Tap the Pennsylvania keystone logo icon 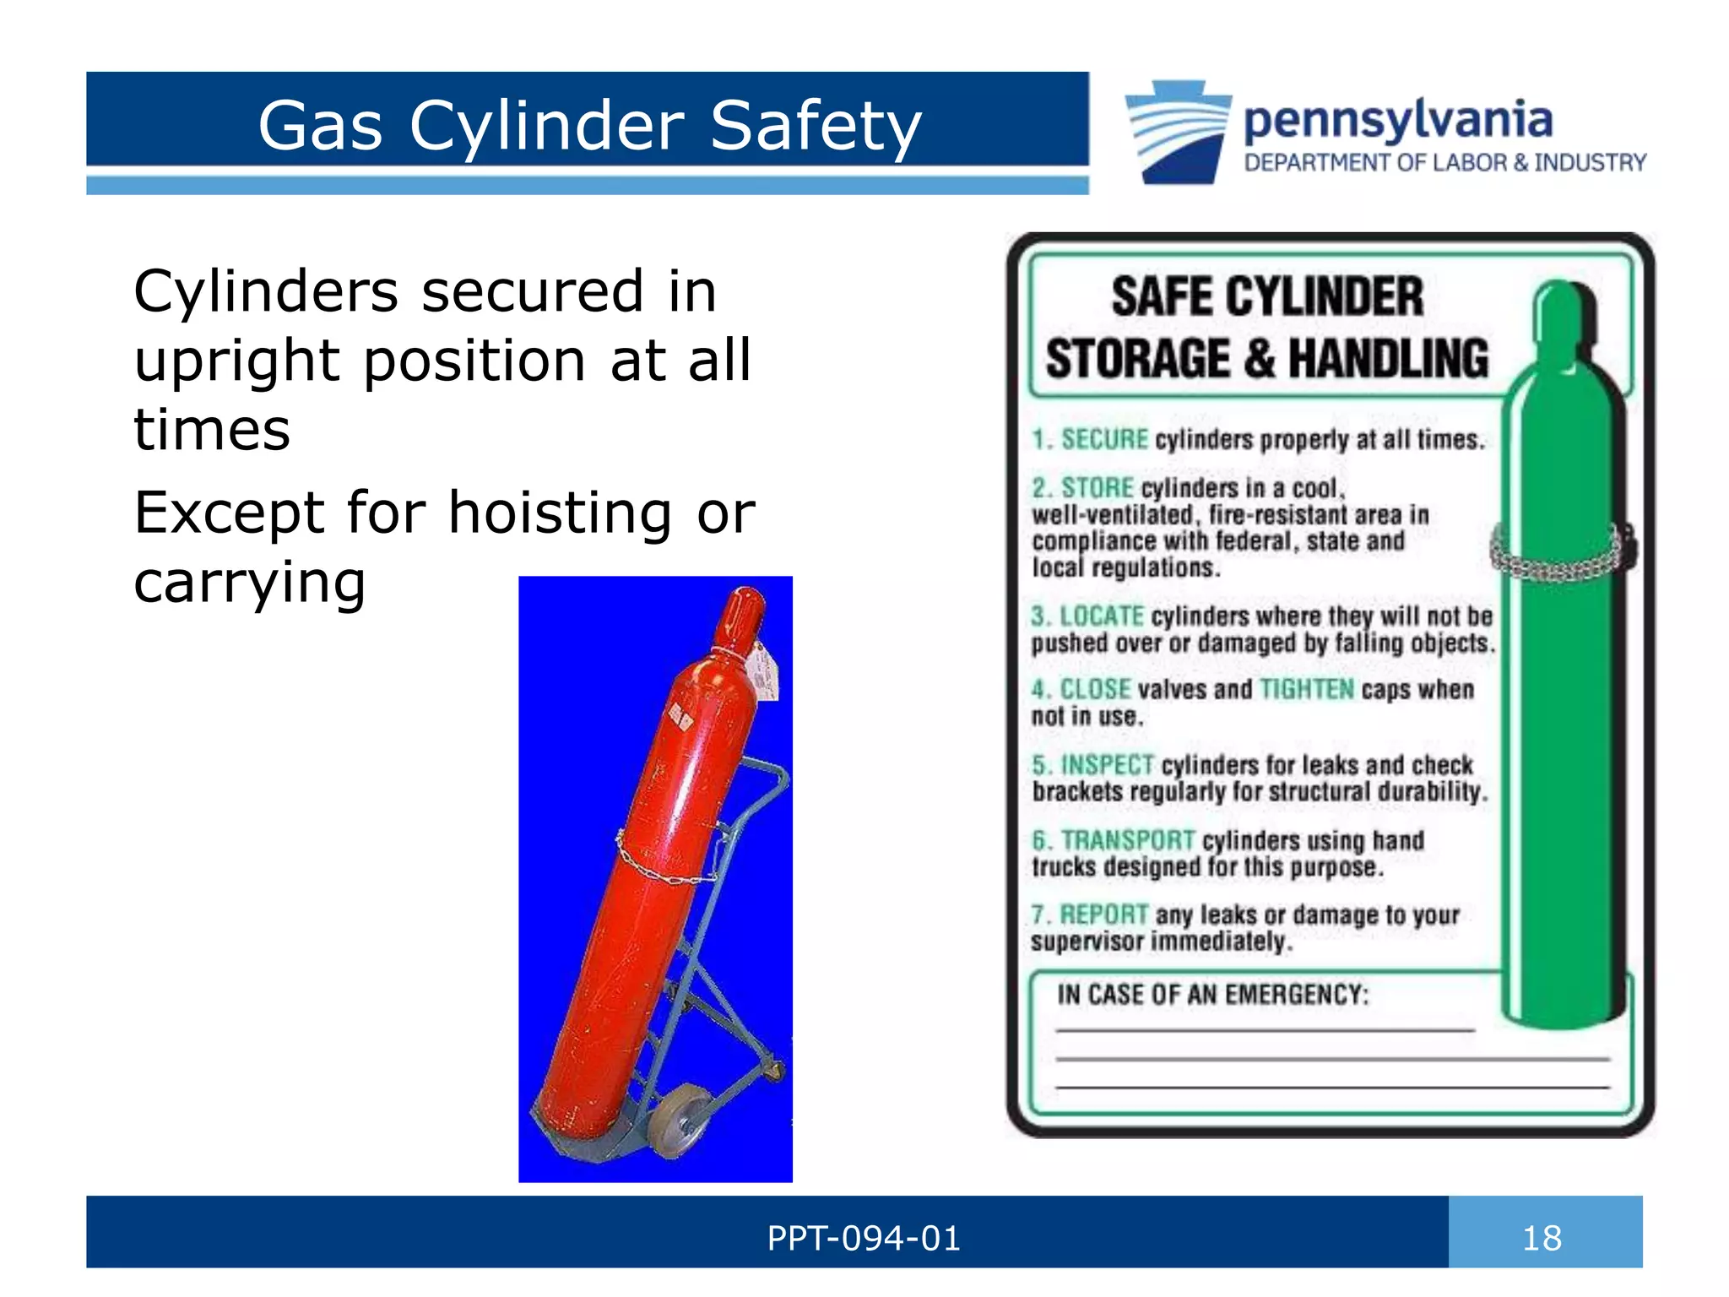tap(1179, 131)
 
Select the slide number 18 tap(1542, 1239)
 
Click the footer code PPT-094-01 tap(864, 1239)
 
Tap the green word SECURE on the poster tap(1104, 440)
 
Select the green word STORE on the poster tap(1097, 488)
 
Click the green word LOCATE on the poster tap(1101, 616)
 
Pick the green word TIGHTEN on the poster tap(1306, 690)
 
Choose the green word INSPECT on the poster tap(1107, 765)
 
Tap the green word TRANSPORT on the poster tap(1127, 840)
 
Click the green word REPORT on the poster tap(1103, 914)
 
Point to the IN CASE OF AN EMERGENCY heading tap(1212, 995)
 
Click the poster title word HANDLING tap(1389, 359)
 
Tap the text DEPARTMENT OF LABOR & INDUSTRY tap(1444, 163)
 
